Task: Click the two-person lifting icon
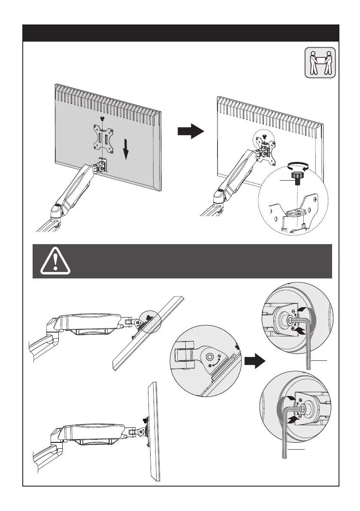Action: pos(320,63)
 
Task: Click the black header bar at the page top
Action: pos(180,33)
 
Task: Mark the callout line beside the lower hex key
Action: pos(296,449)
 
